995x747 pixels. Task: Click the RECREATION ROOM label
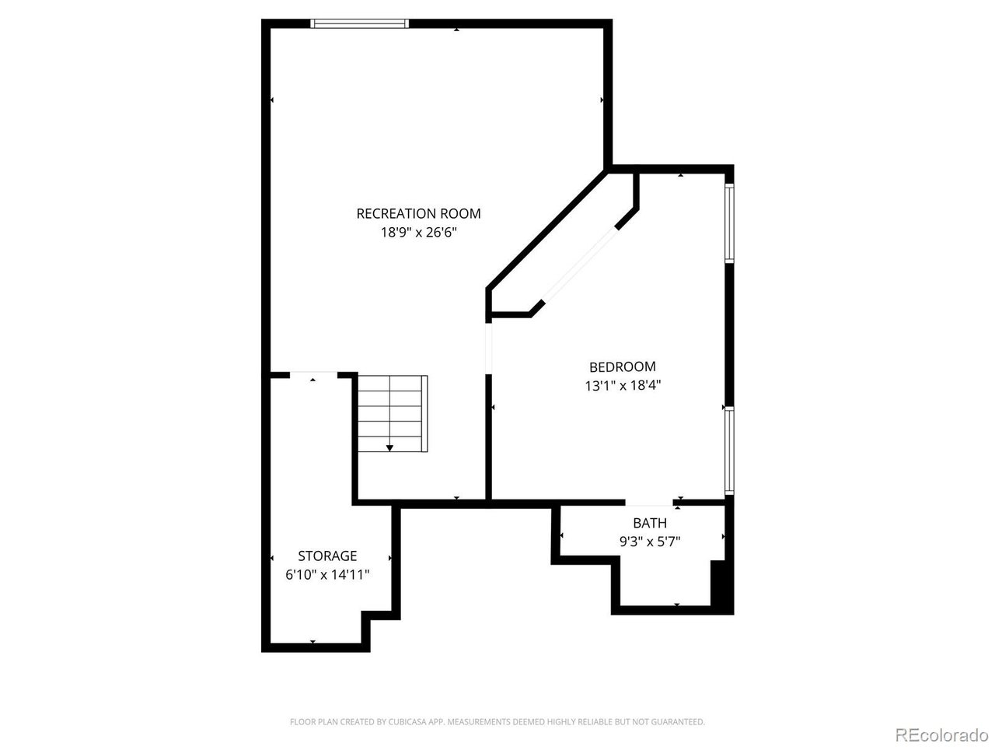418,214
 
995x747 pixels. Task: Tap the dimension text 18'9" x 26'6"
418,233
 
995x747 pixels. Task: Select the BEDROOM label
622,366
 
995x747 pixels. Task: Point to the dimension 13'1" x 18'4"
622,385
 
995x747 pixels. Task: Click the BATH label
650,523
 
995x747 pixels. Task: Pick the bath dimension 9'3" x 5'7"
650,542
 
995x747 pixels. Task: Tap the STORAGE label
327,556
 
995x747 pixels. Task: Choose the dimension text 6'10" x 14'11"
327,575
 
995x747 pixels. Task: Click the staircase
393,413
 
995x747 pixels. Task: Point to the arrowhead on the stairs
389,448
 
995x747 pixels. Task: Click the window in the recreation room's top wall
360,23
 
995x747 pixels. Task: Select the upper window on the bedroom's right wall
729,223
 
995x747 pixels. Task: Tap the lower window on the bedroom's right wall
729,451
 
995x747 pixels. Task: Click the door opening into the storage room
314,374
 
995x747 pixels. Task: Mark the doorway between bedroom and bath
649,503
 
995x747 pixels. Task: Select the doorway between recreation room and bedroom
489,349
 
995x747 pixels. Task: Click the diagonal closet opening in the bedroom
580,265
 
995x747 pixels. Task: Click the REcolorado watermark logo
942,735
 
